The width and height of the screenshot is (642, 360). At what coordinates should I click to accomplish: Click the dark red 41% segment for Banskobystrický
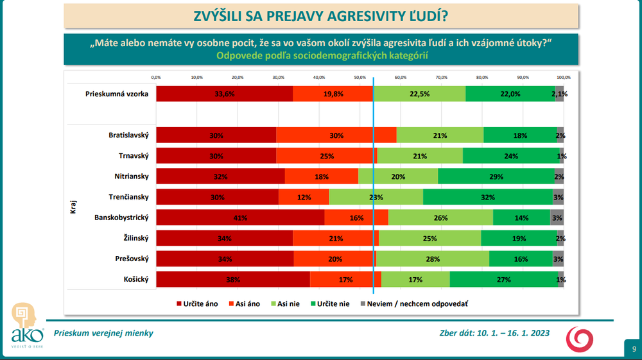tap(240, 218)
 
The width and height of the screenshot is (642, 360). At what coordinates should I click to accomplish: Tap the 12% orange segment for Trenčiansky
tap(304, 197)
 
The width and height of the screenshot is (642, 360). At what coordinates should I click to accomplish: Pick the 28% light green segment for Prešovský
tap(433, 259)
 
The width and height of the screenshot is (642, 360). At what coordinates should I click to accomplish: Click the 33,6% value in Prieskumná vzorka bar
tap(224, 94)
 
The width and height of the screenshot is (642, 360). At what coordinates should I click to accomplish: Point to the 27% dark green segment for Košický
tap(504, 279)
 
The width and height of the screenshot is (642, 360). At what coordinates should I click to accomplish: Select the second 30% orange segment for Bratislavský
tap(336, 135)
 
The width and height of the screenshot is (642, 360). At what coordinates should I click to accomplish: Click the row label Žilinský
tap(135, 238)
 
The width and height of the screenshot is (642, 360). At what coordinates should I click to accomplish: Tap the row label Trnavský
tap(134, 156)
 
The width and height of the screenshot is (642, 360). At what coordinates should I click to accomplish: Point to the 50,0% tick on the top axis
tap(360, 77)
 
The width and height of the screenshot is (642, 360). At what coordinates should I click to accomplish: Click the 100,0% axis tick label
tap(564, 77)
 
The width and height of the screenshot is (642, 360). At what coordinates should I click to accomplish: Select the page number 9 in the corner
tap(632, 348)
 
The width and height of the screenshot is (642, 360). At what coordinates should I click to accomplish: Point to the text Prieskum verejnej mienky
tap(103, 333)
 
